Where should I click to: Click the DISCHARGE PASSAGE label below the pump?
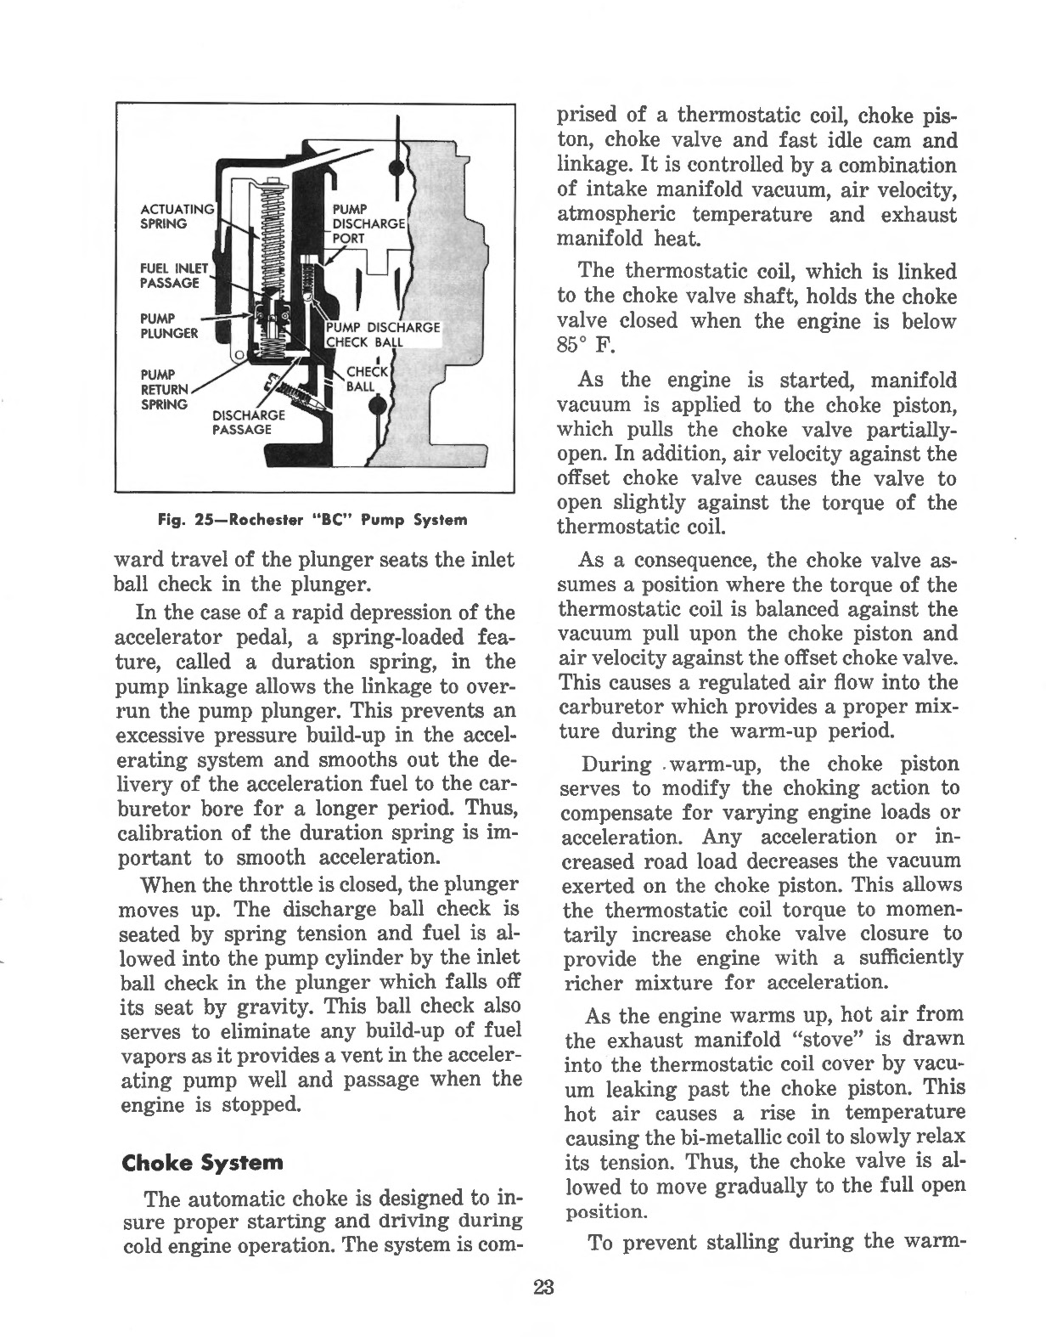[241, 422]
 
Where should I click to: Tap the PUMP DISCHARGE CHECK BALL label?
[381, 335]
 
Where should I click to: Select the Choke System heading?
[202, 1161]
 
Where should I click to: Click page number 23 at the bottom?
[543, 1286]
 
